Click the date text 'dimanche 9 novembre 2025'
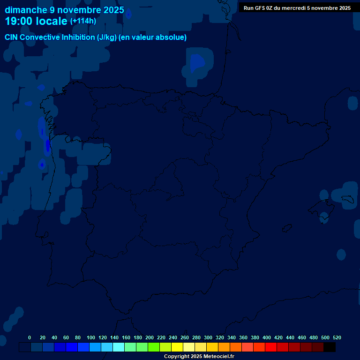pos(64,10)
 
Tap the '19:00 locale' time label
pos(36,21)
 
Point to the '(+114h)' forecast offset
pos(83,21)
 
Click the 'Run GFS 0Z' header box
pos(297,8)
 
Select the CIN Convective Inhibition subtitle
pos(96,37)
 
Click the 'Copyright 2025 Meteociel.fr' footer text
pos(199,357)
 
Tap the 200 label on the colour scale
pos(150,337)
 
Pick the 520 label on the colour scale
pos(337,337)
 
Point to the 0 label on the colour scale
pos(30,337)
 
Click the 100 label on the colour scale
pos(91,337)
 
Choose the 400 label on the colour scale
pos(267,337)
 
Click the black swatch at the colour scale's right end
pos(330,347)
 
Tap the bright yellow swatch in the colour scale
pos(177,347)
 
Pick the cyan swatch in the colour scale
pos(119,347)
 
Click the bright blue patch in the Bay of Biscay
pos(196,62)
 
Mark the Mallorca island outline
pos(347,200)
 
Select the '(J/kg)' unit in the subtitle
pos(107,37)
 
